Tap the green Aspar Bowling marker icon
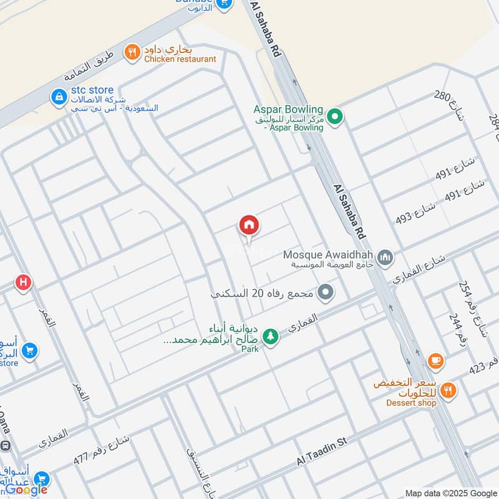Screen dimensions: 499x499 tap(336, 117)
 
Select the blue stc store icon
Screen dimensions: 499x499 tap(59, 97)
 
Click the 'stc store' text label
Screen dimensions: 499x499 tap(92, 90)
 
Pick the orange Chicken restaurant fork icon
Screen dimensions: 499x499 tap(132, 53)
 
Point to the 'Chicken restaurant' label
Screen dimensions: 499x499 tap(180, 59)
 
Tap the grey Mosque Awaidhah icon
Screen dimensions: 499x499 tap(386, 256)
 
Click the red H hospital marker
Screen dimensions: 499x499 tap(24, 283)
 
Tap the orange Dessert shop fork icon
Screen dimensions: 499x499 tap(447, 391)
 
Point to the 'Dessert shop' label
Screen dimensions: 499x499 tap(412, 403)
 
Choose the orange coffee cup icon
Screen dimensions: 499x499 tap(435, 361)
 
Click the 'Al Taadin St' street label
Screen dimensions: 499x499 tap(321, 451)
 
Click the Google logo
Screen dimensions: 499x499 tap(26, 490)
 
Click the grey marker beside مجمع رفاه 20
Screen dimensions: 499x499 tap(325, 292)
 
